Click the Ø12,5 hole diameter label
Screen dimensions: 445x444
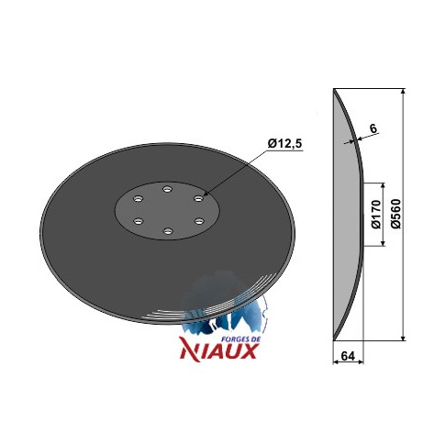pyautogui.click(x=285, y=143)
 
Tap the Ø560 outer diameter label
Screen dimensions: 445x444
pyautogui.click(x=395, y=214)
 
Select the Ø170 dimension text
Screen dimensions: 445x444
pyautogui.click(x=376, y=214)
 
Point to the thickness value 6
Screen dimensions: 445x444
pyautogui.click(x=373, y=128)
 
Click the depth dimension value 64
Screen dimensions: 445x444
pyautogui.click(x=348, y=356)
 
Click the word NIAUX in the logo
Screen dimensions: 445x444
pyautogui.click(x=218, y=350)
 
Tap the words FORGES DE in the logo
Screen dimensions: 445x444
pyautogui.click(x=239, y=339)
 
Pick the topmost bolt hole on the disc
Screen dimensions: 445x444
pyautogui.click(x=167, y=189)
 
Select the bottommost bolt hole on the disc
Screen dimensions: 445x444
pyautogui.click(x=167, y=231)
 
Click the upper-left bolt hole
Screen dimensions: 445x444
pyautogui.click(x=139, y=199)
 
